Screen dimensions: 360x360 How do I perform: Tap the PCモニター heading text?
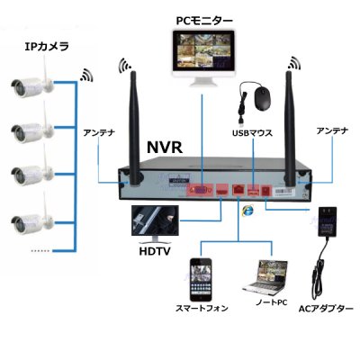click(203, 18)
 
